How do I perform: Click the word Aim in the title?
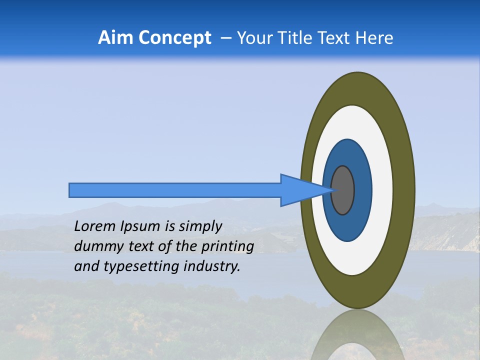115,38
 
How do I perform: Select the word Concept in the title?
174,38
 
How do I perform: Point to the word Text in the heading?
334,38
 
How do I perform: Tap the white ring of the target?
382,190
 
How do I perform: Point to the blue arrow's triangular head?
300,190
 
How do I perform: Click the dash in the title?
226,38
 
